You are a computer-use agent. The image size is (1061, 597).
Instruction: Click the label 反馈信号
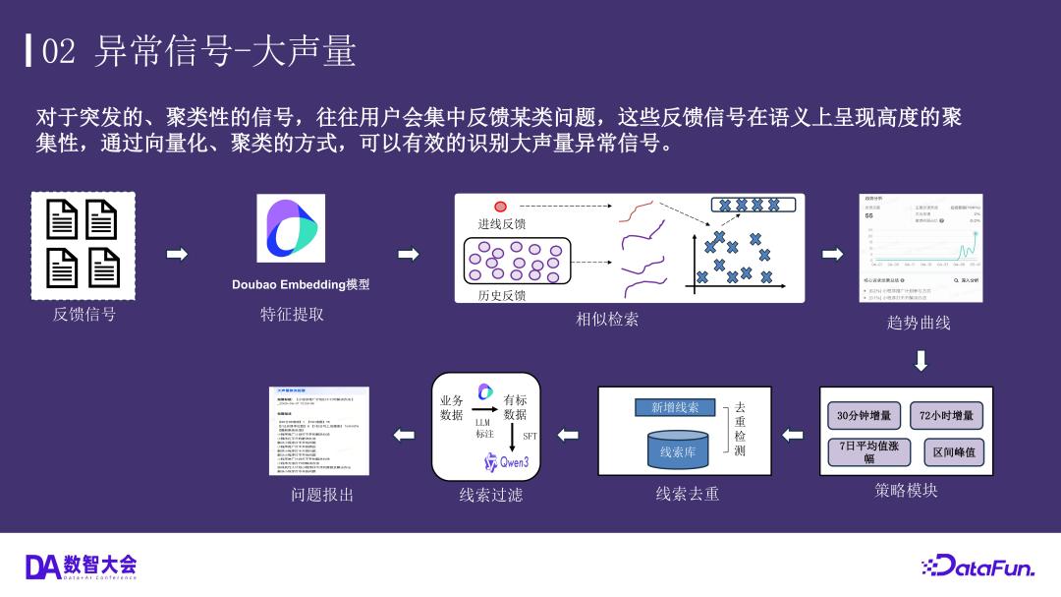click(x=84, y=315)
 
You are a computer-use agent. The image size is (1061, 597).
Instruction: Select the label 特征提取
click(x=292, y=315)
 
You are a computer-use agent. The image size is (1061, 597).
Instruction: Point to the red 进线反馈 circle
click(x=500, y=207)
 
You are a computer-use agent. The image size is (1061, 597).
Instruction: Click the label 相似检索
click(x=607, y=319)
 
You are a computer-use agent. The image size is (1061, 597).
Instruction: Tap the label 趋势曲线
click(x=919, y=322)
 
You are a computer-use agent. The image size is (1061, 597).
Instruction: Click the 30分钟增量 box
click(x=865, y=416)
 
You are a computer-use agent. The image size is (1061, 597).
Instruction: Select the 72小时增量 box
click(x=947, y=416)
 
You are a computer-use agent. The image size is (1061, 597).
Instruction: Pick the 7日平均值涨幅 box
click(x=863, y=451)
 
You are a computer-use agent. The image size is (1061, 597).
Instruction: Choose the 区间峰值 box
click(x=954, y=451)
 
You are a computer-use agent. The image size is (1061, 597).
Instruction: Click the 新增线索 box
click(x=675, y=408)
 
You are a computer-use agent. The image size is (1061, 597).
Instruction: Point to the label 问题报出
click(x=322, y=495)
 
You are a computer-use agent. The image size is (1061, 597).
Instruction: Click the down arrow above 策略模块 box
click(x=921, y=361)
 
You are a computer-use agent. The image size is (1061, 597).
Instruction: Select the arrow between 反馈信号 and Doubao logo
click(x=177, y=255)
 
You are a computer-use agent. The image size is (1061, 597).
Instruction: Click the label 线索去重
click(x=688, y=494)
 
